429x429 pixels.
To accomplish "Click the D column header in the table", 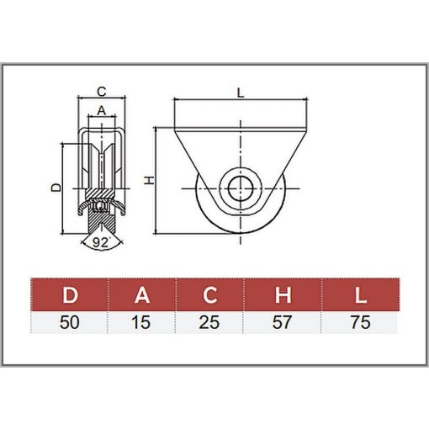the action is [70, 294].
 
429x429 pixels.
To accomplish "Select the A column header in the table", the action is [142, 294].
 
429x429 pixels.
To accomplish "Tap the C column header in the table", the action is [209, 294].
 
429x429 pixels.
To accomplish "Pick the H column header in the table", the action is [283, 294].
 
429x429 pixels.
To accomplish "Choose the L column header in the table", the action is [360, 294].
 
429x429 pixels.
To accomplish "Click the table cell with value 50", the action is [70, 322].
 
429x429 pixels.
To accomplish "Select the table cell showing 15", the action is [141, 322].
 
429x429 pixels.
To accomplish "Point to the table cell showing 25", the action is [209, 322].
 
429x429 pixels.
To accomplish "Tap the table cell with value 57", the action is [283, 322].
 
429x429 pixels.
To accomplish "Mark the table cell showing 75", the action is [360, 322].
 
